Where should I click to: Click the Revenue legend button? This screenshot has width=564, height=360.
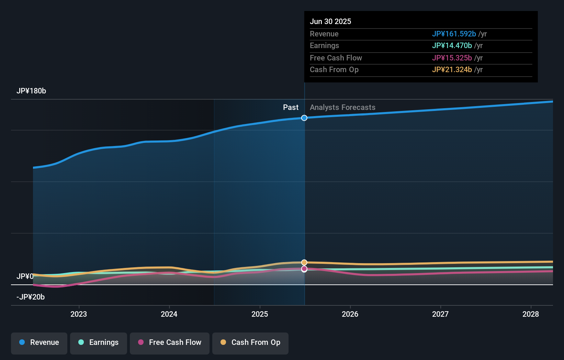39,342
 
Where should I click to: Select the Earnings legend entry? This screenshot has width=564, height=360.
99,342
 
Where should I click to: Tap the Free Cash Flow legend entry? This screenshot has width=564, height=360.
170,342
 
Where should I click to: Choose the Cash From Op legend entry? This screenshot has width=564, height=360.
250,342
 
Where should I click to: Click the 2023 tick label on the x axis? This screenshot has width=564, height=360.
79,314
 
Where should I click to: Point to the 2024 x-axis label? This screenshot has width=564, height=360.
169,314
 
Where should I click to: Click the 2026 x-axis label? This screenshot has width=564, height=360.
350,314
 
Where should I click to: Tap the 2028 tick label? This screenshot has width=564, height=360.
531,314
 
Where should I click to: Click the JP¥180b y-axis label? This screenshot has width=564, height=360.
31,91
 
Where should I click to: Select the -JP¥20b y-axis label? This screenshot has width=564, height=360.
31,297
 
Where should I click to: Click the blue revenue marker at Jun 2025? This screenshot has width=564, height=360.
304,118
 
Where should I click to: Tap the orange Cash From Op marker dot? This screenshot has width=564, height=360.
304,262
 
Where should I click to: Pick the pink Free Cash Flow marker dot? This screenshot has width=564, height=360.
304,269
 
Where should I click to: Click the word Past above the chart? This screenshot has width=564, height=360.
291,108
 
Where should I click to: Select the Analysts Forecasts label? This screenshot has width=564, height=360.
342,108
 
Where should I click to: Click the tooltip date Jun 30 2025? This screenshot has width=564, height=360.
330,22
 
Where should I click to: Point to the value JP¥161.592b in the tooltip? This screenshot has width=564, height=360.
454,34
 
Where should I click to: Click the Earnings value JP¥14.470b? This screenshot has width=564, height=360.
452,46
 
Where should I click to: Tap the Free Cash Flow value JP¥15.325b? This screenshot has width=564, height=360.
452,58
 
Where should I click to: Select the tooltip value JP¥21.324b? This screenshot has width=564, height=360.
452,70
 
